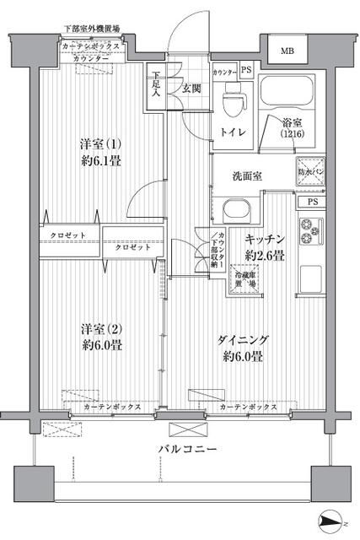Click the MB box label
point(288,51)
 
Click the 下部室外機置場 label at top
point(92,28)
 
